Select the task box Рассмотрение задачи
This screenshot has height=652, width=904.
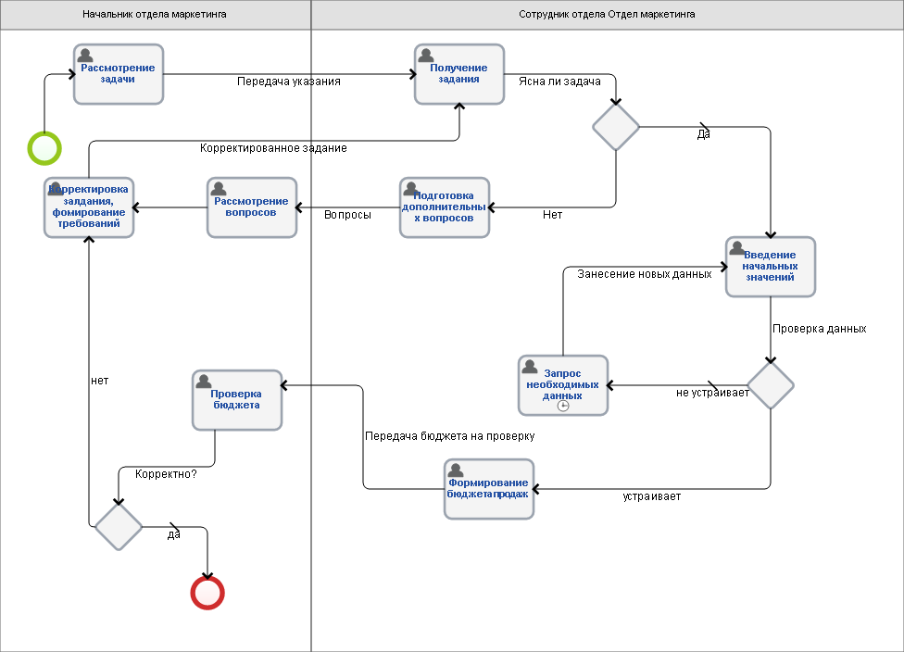coord(119,74)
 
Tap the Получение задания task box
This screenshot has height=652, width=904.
coord(458,74)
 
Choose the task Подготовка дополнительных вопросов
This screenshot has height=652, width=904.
coord(445,207)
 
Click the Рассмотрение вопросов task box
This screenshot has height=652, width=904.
coord(251,207)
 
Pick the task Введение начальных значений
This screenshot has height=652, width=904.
coord(771,267)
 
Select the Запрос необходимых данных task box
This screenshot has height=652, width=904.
coord(563,385)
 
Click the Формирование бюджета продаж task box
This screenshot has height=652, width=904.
coord(489,489)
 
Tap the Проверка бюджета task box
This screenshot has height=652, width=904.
coord(236,399)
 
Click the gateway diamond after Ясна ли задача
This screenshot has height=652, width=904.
coord(616,127)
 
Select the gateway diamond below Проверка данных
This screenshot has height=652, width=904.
coord(771,385)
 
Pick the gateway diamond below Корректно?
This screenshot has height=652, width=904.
coord(119,526)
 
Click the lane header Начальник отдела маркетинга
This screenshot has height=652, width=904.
coord(155,15)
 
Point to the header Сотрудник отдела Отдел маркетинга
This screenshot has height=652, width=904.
coord(607,15)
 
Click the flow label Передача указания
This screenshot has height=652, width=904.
coord(289,81)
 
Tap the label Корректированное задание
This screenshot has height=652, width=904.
coord(273,148)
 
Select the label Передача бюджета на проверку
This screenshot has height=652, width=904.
coord(450,436)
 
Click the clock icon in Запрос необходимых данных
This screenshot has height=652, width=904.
coord(563,406)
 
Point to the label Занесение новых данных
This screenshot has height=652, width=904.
coord(645,274)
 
